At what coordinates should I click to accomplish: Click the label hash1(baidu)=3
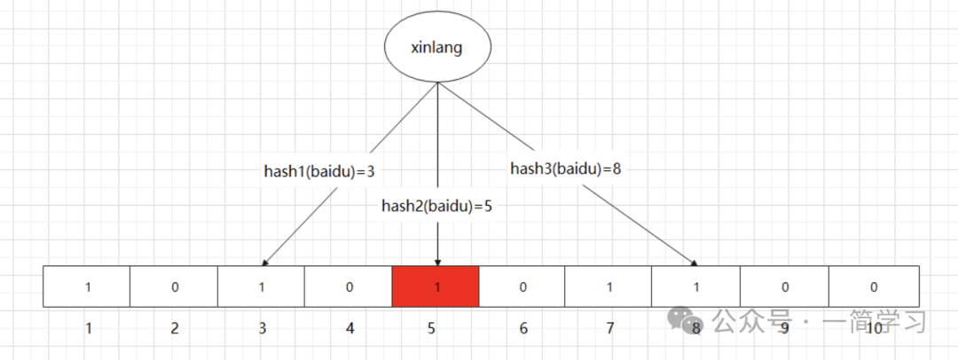pyautogui.click(x=326, y=171)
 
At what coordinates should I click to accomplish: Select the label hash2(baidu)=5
pyautogui.click(x=436, y=206)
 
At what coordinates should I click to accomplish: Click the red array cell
pyautogui.click(x=436, y=286)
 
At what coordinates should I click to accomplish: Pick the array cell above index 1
pyautogui.click(x=87, y=286)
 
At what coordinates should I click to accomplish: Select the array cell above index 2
pyautogui.click(x=174, y=286)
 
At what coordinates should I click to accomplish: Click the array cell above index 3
pyautogui.click(x=261, y=286)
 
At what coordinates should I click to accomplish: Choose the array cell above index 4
pyautogui.click(x=348, y=286)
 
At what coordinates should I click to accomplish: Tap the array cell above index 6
pyautogui.click(x=522, y=286)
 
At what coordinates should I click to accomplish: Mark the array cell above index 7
pyautogui.click(x=609, y=286)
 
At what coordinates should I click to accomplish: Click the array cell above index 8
pyautogui.click(x=696, y=286)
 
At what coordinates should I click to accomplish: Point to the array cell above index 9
pyautogui.click(x=784, y=286)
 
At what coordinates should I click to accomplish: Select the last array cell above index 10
pyautogui.click(x=874, y=286)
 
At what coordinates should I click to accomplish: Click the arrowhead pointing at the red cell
pyautogui.click(x=437, y=262)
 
